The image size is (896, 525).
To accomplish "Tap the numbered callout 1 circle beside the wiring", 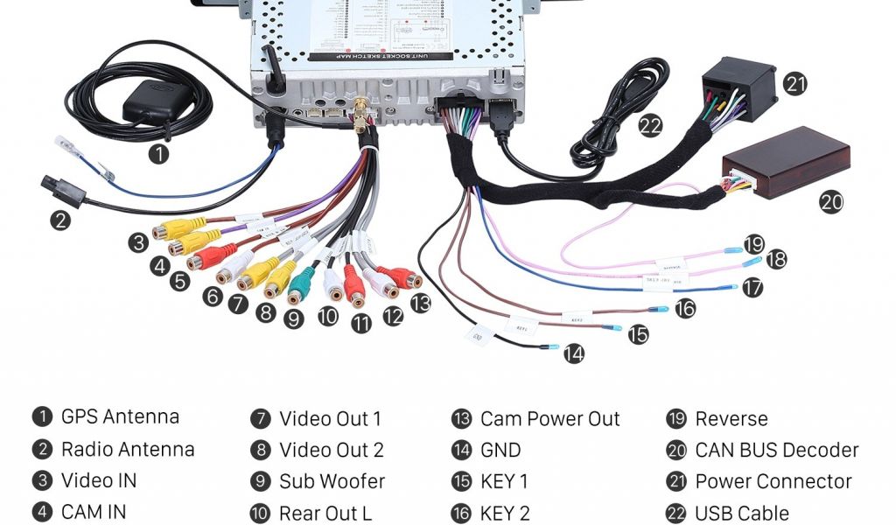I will pos(158,155).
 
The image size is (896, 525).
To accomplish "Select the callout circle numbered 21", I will pos(794,84).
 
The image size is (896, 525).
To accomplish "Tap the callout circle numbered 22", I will pos(650,125).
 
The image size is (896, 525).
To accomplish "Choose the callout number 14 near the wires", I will pos(573,354).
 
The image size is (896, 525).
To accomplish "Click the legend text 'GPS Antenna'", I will pos(120,416).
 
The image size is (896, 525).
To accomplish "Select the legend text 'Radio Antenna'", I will pos(128,450).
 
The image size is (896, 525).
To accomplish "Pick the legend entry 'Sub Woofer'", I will pos(332,481).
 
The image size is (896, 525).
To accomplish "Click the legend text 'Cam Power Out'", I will pos(549,418).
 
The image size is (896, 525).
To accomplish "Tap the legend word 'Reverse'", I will pos(731,418).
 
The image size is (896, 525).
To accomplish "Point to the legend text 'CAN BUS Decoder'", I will pos(776,450).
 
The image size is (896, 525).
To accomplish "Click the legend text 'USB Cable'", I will pos(741,513).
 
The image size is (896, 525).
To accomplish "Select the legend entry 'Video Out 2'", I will pos(331,450).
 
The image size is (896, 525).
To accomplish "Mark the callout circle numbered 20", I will pos(830,202).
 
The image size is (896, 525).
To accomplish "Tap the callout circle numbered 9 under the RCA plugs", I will pos(294,318).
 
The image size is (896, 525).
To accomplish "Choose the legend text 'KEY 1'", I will pos(504,481).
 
